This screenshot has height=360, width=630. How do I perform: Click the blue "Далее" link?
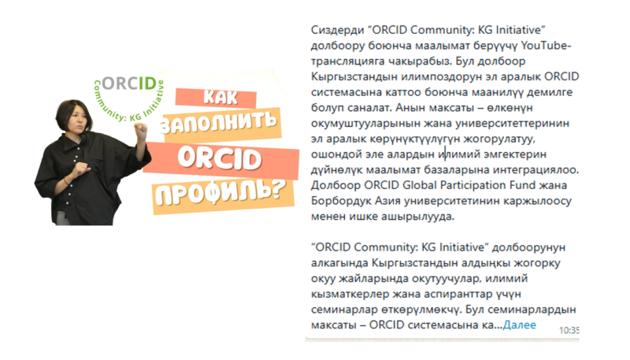coord(519,325)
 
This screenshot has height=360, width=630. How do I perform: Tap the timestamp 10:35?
coord(569,330)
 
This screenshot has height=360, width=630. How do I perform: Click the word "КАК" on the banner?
coord(220,97)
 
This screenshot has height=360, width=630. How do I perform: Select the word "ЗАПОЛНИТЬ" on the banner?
coord(219,123)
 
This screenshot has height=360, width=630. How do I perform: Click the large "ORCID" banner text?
coord(220,158)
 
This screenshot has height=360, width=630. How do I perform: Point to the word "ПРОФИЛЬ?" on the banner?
coord(220,191)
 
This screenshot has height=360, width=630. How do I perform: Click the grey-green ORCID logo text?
coord(129,84)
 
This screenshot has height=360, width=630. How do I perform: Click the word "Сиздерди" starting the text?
coord(338,30)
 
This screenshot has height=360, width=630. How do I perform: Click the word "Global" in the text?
coord(420,185)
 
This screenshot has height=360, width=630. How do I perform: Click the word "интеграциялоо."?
coord(536,170)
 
